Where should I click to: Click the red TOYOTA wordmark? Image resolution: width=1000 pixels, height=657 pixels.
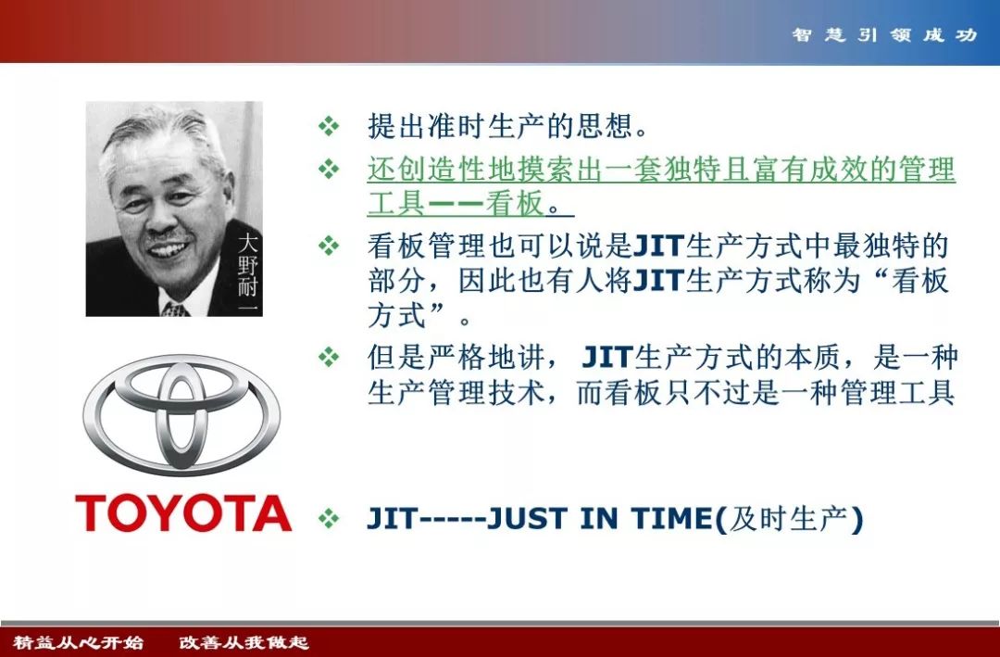[x=183, y=513]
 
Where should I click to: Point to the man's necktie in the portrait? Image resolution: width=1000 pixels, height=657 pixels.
[x=175, y=310]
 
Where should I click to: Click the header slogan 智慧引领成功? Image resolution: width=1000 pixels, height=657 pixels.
[x=884, y=34]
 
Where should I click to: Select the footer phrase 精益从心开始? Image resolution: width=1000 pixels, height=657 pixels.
[x=79, y=641]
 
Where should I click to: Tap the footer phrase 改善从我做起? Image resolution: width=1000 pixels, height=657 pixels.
[x=244, y=641]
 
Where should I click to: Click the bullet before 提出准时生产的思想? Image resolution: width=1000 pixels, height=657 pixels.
[x=329, y=126]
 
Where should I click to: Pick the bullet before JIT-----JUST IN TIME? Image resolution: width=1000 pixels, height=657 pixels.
[x=329, y=518]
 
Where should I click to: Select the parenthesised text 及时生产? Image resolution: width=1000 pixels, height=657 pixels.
[x=788, y=518]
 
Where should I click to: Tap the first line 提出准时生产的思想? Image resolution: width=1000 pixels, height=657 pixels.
[x=507, y=126]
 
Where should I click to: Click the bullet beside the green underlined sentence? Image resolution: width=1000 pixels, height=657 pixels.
[x=329, y=170]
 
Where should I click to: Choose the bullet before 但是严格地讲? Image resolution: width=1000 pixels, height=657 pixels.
[x=329, y=356]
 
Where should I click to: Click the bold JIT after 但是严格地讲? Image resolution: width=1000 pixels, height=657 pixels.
[x=606, y=358]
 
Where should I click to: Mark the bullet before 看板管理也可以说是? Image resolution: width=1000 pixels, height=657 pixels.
[x=329, y=246]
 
